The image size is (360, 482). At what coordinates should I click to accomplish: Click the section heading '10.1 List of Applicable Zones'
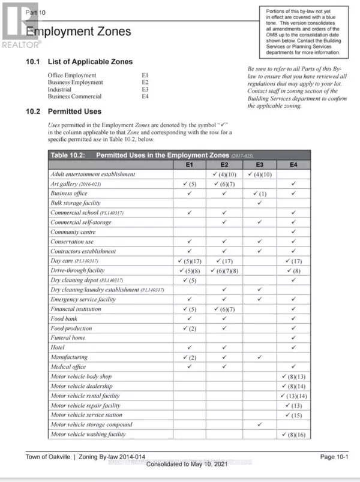[79, 62]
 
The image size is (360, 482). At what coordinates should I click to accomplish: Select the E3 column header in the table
[259, 164]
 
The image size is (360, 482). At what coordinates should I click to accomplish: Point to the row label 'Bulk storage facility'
[76, 203]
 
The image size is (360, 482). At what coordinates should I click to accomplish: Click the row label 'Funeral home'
[68, 338]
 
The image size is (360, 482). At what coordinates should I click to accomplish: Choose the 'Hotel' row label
[58, 347]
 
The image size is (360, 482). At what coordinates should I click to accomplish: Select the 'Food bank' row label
[64, 318]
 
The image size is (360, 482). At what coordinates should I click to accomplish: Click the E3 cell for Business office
[259, 194]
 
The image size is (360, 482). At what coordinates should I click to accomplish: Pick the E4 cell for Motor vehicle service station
[293, 415]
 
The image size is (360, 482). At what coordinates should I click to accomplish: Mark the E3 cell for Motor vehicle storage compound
[259, 424]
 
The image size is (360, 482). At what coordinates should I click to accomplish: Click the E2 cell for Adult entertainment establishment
[224, 174]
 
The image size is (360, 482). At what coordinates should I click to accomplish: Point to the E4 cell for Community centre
[293, 232]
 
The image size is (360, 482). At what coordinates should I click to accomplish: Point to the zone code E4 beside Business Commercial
[145, 96]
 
